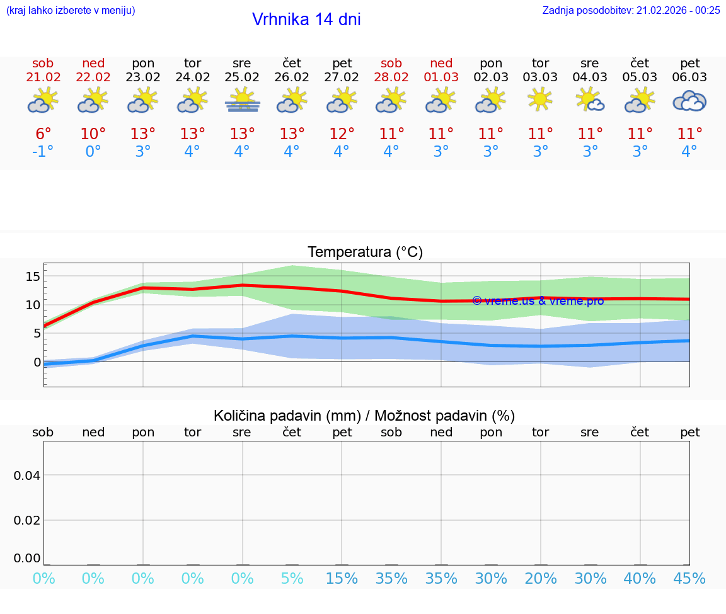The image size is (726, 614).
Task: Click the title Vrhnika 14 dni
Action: coord(306,20)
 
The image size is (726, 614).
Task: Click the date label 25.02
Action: coord(242,77)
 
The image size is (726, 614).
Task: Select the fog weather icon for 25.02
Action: coord(242,101)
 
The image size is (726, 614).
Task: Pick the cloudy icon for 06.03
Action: coord(689,101)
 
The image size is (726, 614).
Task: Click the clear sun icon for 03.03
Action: coord(540,99)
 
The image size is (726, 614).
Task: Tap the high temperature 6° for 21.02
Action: coord(43,134)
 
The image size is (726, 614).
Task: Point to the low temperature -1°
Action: coord(43,152)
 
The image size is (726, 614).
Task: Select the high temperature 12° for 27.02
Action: coord(342,134)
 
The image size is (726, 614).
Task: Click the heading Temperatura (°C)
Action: coord(366,253)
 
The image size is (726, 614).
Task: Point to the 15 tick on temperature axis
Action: coord(33,276)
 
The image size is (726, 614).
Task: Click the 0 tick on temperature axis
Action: coord(37,362)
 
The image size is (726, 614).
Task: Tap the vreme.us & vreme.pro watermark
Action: coord(538,301)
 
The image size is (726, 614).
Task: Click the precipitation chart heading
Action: coord(364,416)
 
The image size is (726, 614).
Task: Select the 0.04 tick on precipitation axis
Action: coord(27,475)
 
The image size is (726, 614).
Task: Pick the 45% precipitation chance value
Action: coord(689,579)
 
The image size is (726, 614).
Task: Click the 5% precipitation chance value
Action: coord(292,579)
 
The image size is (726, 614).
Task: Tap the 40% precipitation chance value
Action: coord(640,579)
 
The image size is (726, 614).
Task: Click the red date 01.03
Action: coord(441,77)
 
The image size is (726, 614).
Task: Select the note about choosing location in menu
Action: coord(71,10)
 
